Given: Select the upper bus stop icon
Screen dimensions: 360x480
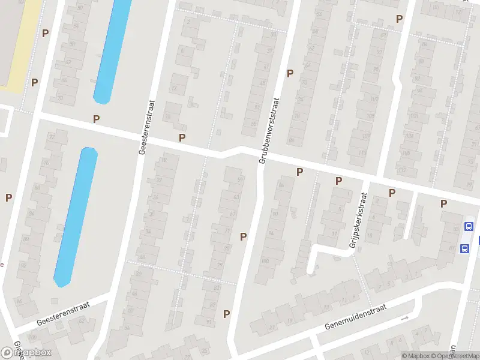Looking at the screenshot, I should (x=468, y=226).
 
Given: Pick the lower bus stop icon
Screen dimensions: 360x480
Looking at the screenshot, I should (x=463, y=248).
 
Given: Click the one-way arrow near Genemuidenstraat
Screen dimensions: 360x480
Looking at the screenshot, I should (x=404, y=318).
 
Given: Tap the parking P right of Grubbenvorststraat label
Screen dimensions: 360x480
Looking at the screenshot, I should (x=290, y=73).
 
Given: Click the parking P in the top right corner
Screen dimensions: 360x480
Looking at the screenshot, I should (x=399, y=19).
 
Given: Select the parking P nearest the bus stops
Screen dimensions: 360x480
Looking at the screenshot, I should (x=443, y=203).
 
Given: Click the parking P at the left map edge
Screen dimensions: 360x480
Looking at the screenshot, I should (x=8, y=197).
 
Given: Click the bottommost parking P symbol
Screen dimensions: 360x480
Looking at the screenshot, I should (x=226, y=313).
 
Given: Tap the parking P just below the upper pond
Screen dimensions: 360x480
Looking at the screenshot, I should (x=96, y=119).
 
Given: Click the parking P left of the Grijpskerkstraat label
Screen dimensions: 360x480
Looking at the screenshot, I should (x=338, y=180).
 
